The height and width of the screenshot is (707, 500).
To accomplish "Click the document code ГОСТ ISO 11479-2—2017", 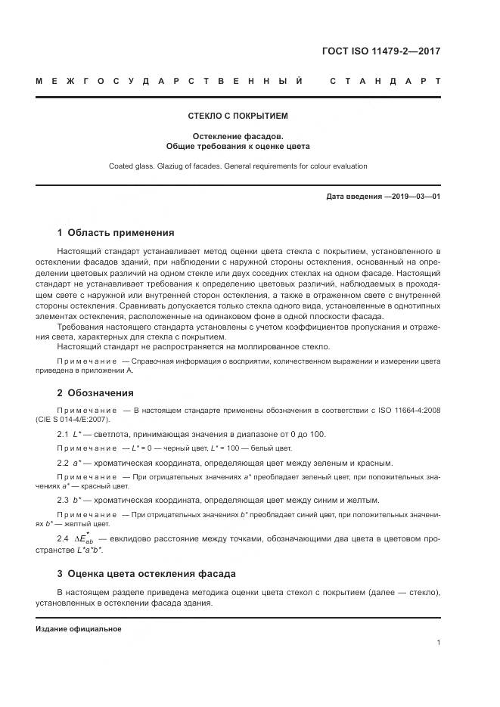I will click(x=381, y=51).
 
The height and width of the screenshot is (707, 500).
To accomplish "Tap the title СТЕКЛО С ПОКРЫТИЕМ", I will click(x=238, y=116).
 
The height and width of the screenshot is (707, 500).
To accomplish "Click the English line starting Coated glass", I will click(x=238, y=166).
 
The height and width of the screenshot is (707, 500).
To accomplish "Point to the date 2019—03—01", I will click(x=415, y=197).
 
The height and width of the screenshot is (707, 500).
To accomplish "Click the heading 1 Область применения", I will click(x=116, y=233).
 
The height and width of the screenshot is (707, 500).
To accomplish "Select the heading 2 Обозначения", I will click(x=95, y=392).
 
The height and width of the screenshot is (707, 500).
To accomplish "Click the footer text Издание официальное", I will click(x=79, y=629).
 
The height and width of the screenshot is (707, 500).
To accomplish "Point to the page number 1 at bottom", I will click(x=438, y=643).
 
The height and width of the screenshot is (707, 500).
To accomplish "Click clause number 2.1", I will click(x=64, y=434).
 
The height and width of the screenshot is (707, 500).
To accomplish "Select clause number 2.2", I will click(x=64, y=462).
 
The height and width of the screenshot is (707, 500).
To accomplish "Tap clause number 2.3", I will click(x=64, y=500).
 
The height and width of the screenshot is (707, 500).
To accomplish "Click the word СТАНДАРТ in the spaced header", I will click(x=385, y=81).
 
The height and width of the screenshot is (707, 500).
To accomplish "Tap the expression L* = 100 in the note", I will click(x=200, y=448).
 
